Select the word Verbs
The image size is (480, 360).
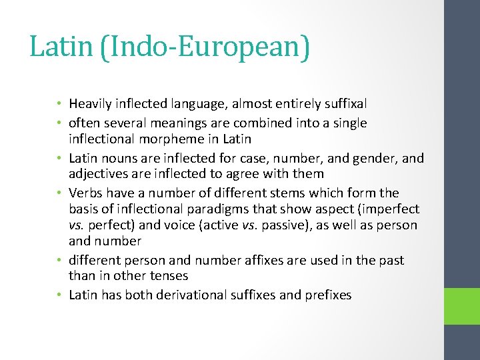click(x=85, y=193)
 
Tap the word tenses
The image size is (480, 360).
click(x=169, y=276)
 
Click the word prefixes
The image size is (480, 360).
click(x=327, y=295)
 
